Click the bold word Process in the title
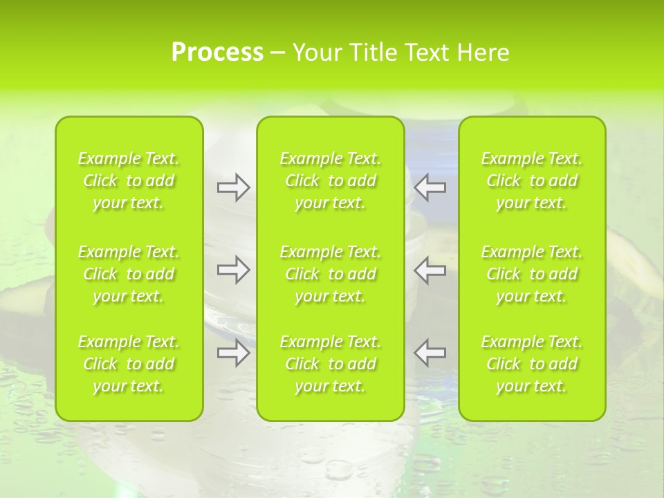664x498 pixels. pyautogui.click(x=217, y=53)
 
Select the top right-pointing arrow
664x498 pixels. pyautogui.click(x=233, y=187)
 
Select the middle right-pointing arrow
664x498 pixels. pyautogui.click(x=233, y=269)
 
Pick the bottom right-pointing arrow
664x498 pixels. pyautogui.click(x=233, y=353)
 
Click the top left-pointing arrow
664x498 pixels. pyautogui.click(x=430, y=187)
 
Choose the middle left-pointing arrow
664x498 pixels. pyautogui.click(x=430, y=269)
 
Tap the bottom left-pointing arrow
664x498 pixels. pyautogui.click(x=430, y=353)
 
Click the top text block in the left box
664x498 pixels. pyautogui.click(x=129, y=181)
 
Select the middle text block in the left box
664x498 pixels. pyautogui.click(x=129, y=274)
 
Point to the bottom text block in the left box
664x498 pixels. pyautogui.click(x=129, y=364)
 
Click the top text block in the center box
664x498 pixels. pyautogui.click(x=331, y=181)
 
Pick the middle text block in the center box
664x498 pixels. pyautogui.click(x=331, y=274)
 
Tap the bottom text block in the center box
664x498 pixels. pyautogui.click(x=331, y=364)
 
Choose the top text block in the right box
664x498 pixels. pyautogui.click(x=532, y=181)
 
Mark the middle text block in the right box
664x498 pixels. pyautogui.click(x=532, y=274)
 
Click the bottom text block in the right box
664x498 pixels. pyautogui.click(x=532, y=364)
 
